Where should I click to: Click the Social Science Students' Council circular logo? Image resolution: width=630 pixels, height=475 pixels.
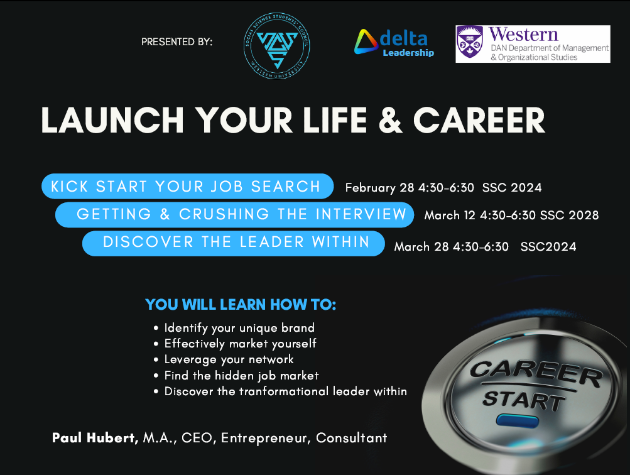coord(277,44)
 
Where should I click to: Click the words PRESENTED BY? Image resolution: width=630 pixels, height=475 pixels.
coord(177,43)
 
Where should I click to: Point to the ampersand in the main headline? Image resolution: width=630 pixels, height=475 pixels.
coord(391,119)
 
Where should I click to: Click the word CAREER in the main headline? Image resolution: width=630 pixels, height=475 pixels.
coord(479,119)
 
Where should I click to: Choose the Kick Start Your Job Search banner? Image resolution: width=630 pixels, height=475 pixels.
coord(186,186)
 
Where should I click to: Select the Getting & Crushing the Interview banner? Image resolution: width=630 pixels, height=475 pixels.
coord(234,214)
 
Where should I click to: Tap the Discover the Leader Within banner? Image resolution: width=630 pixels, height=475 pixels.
coord(234,243)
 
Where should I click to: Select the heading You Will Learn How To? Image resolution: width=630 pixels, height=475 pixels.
coord(241,305)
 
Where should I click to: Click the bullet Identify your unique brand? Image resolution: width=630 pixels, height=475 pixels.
coord(239,328)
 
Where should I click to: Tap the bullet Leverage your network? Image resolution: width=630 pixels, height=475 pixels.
coord(229,359)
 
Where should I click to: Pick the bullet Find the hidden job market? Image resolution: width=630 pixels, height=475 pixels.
coord(241,376)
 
